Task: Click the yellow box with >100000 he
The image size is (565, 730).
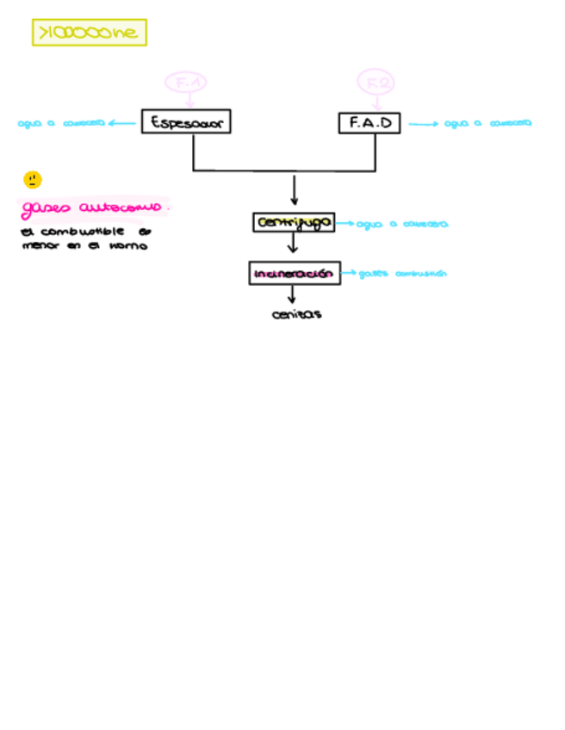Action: pyautogui.click(x=89, y=33)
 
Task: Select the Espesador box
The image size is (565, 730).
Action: pyautogui.click(x=186, y=122)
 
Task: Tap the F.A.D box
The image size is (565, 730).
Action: pyautogui.click(x=369, y=123)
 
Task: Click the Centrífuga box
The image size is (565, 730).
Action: pyautogui.click(x=294, y=222)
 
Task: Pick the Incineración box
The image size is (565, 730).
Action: pyautogui.click(x=294, y=273)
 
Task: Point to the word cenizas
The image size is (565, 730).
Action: pyautogui.click(x=296, y=314)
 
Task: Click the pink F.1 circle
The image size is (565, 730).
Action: pyautogui.click(x=186, y=83)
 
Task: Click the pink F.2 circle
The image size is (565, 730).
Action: pyautogui.click(x=376, y=83)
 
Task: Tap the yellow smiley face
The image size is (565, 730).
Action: pyautogui.click(x=32, y=180)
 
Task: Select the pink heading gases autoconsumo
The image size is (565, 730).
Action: pyautogui.click(x=92, y=208)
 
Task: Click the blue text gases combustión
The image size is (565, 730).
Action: pyautogui.click(x=402, y=274)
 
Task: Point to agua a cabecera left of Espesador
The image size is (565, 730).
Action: pyautogui.click(x=61, y=123)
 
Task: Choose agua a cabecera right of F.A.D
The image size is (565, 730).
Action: pyautogui.click(x=487, y=123)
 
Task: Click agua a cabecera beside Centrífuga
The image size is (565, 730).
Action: pyautogui.click(x=401, y=224)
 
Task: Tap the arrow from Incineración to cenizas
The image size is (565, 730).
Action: pyautogui.click(x=292, y=294)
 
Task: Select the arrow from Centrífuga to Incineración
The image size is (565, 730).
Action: pyautogui.click(x=293, y=244)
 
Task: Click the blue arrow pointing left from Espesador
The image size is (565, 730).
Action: pyautogui.click(x=123, y=123)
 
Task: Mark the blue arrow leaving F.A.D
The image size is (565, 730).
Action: pyautogui.click(x=423, y=124)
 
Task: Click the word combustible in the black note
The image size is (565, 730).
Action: pyautogui.click(x=82, y=232)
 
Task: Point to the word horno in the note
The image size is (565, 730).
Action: pyautogui.click(x=128, y=245)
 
